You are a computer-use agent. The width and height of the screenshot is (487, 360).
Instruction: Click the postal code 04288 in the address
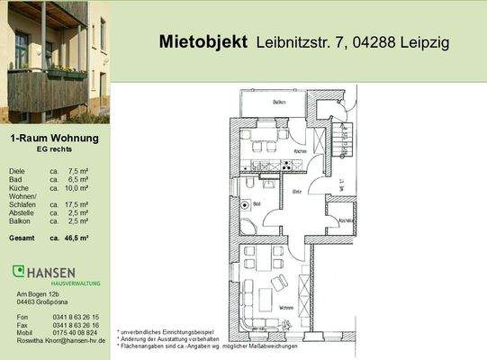(x=355, y=42)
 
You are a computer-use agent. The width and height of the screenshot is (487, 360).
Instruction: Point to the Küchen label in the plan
(x=301, y=150)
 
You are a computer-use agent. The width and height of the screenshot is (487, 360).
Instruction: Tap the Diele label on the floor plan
(x=296, y=191)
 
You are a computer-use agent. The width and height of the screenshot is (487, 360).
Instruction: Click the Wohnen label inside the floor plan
(x=286, y=309)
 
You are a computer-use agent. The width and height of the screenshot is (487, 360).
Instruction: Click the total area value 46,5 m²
(x=77, y=238)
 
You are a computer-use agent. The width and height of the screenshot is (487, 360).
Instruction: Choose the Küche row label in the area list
(x=18, y=188)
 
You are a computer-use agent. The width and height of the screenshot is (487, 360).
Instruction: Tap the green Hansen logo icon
(x=18, y=271)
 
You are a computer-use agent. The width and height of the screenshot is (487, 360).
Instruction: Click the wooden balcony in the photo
(x=45, y=89)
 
